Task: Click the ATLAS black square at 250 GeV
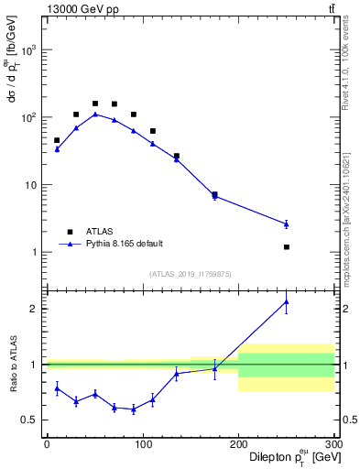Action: point(287,247)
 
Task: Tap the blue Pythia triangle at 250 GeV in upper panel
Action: point(287,224)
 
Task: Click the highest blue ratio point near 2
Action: point(287,301)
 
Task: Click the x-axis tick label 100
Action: point(143,443)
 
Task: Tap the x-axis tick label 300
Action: point(333,443)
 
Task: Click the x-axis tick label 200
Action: point(238,443)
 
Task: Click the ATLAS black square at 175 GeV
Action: point(214,194)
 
